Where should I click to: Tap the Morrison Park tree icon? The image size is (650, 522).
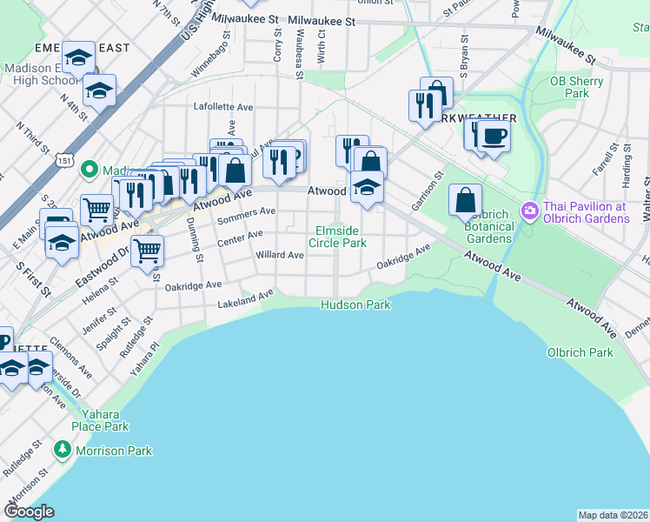tap(62, 450)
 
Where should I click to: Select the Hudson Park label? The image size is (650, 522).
tap(355, 304)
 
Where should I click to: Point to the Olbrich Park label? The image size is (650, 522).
tap(580, 352)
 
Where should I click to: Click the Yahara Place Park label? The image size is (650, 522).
tap(101, 420)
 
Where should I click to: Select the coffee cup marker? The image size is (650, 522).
tap(494, 136)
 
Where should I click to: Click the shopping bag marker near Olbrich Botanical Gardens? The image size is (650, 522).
tap(466, 200)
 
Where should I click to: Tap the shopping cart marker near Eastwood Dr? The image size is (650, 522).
tap(148, 251)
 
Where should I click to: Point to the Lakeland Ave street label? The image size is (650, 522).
tap(244, 299)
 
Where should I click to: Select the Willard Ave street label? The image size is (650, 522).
tap(280, 255)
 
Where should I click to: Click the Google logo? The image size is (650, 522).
tap(30, 512)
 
